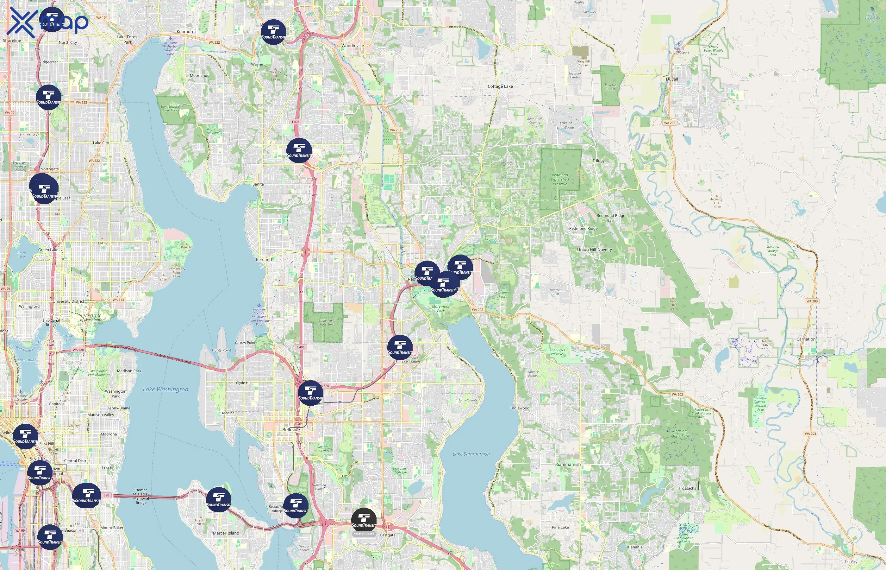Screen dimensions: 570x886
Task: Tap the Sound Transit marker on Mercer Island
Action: pyautogui.click(x=219, y=500)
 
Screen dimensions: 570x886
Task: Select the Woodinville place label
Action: pyautogui.click(x=353, y=46)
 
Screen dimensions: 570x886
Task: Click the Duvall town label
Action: pyautogui.click(x=672, y=79)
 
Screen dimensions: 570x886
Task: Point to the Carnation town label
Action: pyautogui.click(x=806, y=339)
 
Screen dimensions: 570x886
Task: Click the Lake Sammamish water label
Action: pyautogui.click(x=471, y=454)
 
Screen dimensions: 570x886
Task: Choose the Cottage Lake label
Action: pyautogui.click(x=500, y=86)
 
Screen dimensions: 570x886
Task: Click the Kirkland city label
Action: pyautogui.click(x=264, y=259)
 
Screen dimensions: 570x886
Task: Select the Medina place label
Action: pyautogui.click(x=228, y=413)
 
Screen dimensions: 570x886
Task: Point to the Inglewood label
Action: pyautogui.click(x=520, y=408)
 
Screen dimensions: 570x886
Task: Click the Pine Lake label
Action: pyautogui.click(x=560, y=527)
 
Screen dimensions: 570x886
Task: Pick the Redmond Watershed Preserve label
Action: pyautogui.click(x=560, y=180)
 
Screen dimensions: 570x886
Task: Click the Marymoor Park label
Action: pyautogui.click(x=441, y=309)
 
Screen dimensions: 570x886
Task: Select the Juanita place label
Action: pyautogui.click(x=257, y=184)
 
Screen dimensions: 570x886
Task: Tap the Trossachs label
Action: pyautogui.click(x=687, y=488)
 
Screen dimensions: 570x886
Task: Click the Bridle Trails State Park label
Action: pyautogui.click(x=326, y=322)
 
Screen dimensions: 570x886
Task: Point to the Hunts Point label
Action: pyautogui.click(x=221, y=350)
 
